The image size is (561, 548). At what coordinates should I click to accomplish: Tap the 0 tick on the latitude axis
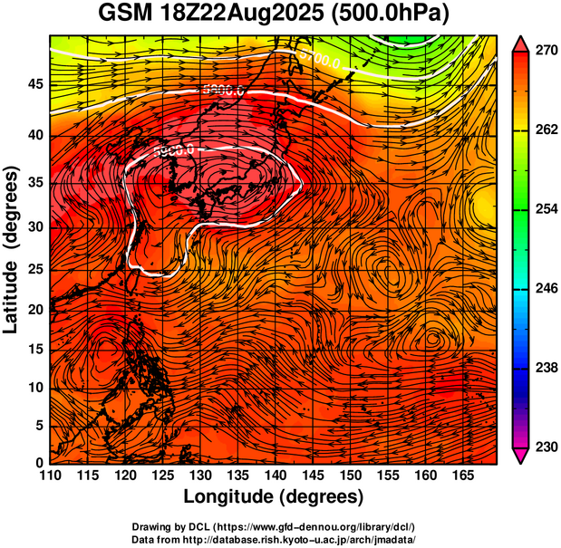point(39,463)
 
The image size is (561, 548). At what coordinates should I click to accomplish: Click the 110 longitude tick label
point(50,476)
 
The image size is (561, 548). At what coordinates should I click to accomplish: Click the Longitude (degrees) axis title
point(274,496)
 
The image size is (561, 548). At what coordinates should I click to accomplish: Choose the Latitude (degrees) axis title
point(13,249)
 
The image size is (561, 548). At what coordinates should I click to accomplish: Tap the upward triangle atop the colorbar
point(521,42)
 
